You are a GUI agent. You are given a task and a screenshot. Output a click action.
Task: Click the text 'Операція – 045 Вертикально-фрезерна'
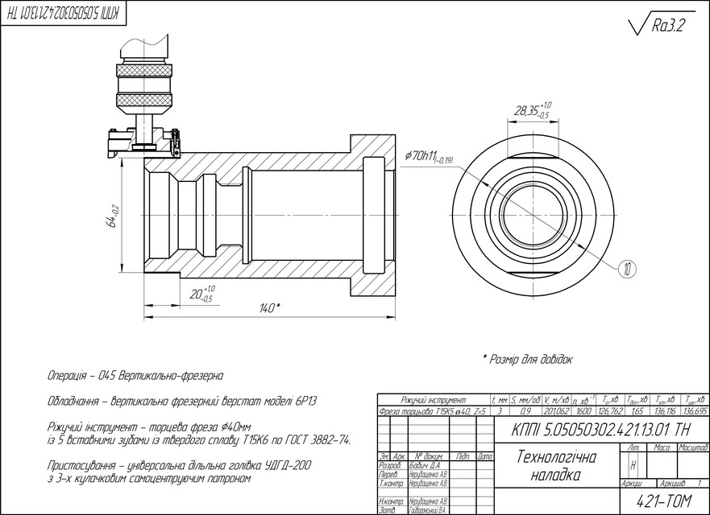(135, 376)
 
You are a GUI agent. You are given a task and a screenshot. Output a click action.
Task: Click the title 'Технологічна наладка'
(555, 466)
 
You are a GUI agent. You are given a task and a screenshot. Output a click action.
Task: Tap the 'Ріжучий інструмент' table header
(434, 400)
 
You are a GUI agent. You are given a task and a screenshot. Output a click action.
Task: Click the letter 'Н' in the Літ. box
(633, 465)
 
